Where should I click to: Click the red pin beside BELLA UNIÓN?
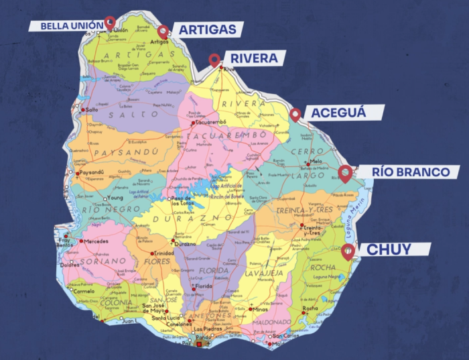(x=110, y=21)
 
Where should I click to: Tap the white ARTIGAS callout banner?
(x=208, y=29)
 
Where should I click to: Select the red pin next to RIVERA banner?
(x=214, y=59)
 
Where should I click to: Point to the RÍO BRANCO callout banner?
(x=411, y=172)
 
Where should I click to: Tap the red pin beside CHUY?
(x=347, y=251)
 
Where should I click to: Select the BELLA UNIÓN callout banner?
(x=65, y=26)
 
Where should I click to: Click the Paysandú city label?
(x=92, y=172)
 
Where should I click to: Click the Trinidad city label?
(x=164, y=253)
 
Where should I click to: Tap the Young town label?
(x=117, y=198)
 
